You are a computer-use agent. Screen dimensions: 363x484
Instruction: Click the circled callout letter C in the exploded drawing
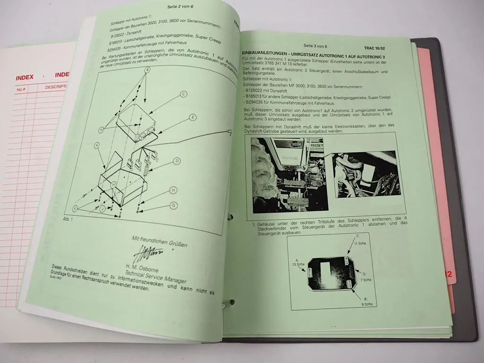pos(182,95)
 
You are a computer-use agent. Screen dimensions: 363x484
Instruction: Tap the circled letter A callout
pos(97,146)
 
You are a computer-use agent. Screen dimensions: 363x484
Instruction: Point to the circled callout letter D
pos(177,161)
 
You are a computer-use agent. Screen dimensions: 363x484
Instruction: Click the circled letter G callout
pos(174,205)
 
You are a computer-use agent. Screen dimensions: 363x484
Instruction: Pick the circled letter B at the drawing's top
pos(147,70)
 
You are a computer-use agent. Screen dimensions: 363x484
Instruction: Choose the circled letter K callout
pos(75,208)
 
